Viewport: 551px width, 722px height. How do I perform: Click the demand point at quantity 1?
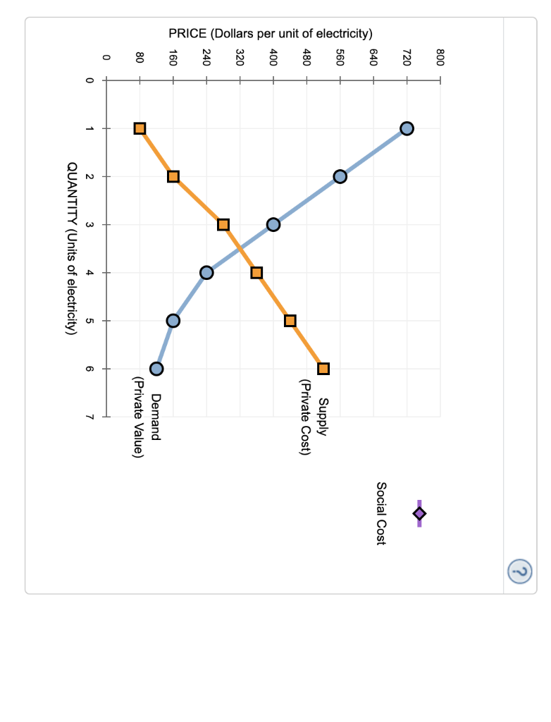(407, 128)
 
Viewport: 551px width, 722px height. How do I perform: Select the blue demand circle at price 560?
(340, 176)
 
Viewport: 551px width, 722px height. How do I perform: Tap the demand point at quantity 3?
(273, 225)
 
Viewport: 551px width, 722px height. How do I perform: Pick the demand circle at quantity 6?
(156, 369)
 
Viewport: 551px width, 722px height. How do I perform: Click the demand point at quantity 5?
(173, 321)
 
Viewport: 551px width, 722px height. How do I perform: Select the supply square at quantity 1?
(140, 128)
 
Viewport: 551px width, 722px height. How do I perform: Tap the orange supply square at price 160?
(173, 176)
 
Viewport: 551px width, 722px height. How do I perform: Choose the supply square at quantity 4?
(256, 273)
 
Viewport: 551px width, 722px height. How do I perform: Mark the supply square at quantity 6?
(323, 369)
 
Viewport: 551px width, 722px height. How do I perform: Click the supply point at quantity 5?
(290, 321)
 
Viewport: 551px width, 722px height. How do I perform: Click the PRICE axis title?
(270, 33)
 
